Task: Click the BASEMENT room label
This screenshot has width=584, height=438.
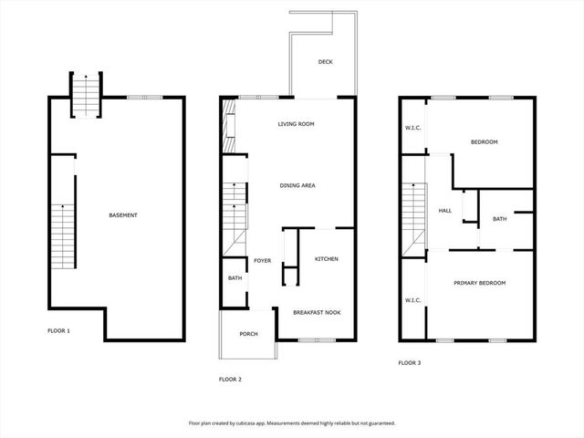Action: pyautogui.click(x=123, y=215)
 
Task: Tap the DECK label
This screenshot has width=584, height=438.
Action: pyautogui.click(x=325, y=62)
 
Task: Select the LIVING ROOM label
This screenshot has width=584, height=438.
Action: pyautogui.click(x=297, y=124)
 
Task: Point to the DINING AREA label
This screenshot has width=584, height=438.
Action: pyautogui.click(x=297, y=185)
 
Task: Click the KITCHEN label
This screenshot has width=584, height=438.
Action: pyautogui.click(x=327, y=259)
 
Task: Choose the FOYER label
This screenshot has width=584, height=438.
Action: pyautogui.click(x=263, y=260)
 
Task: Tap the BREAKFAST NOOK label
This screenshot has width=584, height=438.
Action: pyautogui.click(x=317, y=312)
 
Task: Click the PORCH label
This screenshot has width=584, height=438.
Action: pyautogui.click(x=248, y=334)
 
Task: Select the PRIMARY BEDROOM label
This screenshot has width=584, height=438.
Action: pyautogui.click(x=480, y=283)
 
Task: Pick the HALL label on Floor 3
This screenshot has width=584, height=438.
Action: pyautogui.click(x=445, y=211)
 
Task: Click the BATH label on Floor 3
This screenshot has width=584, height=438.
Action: pyautogui.click(x=500, y=219)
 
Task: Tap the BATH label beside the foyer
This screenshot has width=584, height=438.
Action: pyautogui.click(x=235, y=278)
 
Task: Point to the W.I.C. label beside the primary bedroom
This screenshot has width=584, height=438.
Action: pyautogui.click(x=412, y=299)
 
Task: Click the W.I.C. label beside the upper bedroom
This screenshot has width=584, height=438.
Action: pyautogui.click(x=412, y=128)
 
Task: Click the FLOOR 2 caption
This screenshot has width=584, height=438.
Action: pyautogui.click(x=230, y=379)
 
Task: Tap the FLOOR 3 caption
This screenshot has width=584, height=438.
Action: pyautogui.click(x=409, y=362)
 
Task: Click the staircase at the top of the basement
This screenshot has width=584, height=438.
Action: pyautogui.click(x=84, y=95)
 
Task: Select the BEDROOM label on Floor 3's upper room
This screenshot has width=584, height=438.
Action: pyautogui.click(x=484, y=142)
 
